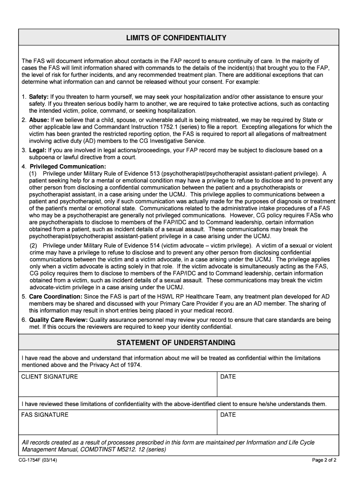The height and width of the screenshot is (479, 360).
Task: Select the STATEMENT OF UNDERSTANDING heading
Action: [176, 343]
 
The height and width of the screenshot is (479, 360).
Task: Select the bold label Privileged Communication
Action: [68, 167]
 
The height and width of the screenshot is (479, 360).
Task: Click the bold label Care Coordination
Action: [56, 297]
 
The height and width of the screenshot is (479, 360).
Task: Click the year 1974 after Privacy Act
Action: [133, 365]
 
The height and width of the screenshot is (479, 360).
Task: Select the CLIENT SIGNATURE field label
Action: [50, 377]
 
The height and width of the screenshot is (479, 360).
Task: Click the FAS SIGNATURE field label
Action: [45, 415]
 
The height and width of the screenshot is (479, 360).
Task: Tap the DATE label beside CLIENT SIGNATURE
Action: [228, 377]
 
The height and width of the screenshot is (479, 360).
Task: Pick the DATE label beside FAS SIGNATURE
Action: [228, 415]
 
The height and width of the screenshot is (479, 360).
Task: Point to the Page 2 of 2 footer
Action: [324, 460]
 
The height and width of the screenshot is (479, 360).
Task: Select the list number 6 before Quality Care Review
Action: [23, 320]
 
